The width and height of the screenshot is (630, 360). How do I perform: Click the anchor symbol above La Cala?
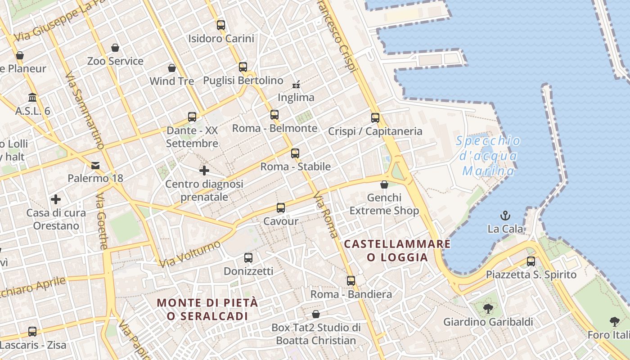click(x=505, y=216)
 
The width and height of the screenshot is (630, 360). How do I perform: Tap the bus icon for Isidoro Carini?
click(x=220, y=25)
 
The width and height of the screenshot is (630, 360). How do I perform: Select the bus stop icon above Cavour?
click(x=281, y=207)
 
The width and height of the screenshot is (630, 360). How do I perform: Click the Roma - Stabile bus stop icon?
click(x=295, y=153)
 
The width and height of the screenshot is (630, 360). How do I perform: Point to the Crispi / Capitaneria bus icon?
click(x=375, y=118)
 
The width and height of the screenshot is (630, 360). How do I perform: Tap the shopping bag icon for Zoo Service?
click(x=115, y=48)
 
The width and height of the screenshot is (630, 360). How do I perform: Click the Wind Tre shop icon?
click(x=172, y=68)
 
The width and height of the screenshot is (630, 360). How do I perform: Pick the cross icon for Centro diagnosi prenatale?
click(x=204, y=171)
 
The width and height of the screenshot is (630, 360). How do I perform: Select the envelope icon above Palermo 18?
click(x=95, y=165)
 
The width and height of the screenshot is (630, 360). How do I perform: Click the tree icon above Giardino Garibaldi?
click(x=488, y=309)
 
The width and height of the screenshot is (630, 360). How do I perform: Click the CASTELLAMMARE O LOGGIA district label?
click(x=397, y=251)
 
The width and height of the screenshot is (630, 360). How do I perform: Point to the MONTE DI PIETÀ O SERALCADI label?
click(x=207, y=309)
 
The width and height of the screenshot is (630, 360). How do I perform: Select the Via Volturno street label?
click(x=190, y=254)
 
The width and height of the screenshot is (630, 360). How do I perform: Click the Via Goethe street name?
click(x=102, y=221)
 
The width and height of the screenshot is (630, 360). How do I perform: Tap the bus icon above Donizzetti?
click(x=248, y=258)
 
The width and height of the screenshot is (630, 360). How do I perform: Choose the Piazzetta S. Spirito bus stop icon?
click(x=531, y=261)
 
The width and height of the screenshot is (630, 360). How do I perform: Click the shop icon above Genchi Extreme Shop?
click(x=384, y=184)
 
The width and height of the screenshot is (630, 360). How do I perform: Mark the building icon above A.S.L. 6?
click(x=32, y=98)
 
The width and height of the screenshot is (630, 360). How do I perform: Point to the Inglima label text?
click(x=296, y=97)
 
